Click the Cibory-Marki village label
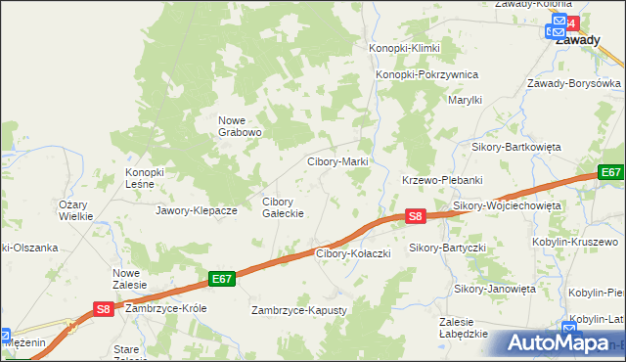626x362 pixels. point(337,161)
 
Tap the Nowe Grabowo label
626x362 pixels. point(240,126)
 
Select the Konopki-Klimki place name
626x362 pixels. point(405,48)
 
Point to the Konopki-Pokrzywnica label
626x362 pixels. point(426,74)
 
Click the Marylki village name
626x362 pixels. point(466,100)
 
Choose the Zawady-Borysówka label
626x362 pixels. point(575,83)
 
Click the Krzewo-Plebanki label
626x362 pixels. point(443,180)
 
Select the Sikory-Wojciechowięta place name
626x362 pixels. point(507,206)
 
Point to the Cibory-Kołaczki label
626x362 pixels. point(353,253)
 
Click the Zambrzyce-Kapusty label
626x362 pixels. point(299,310)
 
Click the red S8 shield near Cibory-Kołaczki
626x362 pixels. point(416,216)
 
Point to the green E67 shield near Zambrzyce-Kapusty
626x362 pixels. point(222,279)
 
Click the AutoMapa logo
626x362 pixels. point(559,343)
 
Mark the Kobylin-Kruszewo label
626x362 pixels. point(576,241)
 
